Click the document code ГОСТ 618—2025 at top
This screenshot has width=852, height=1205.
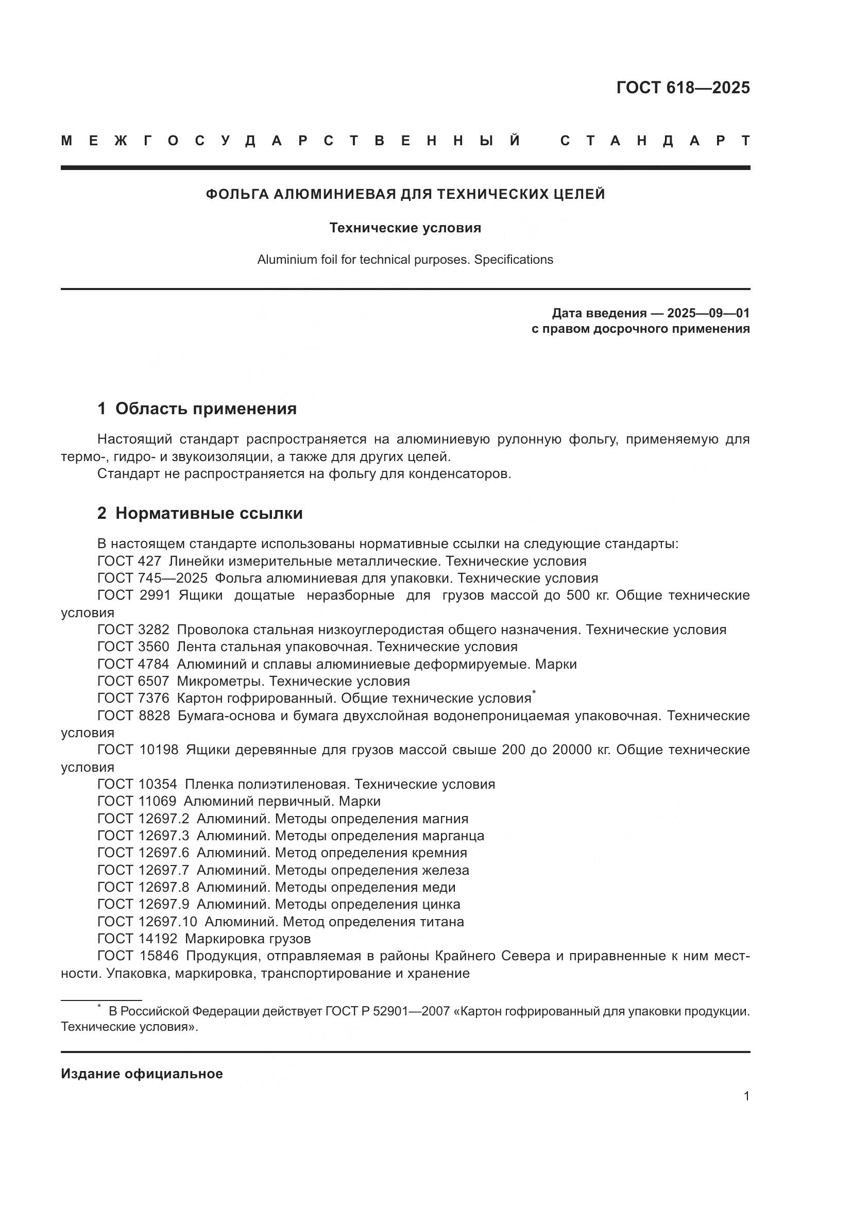pyautogui.click(x=683, y=88)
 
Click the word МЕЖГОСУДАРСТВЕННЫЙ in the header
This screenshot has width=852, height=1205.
pyautogui.click(x=291, y=141)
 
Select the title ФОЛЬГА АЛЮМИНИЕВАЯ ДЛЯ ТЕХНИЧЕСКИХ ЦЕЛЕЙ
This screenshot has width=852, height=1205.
pyautogui.click(x=405, y=194)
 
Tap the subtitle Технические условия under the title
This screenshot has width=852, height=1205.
pyautogui.click(x=405, y=228)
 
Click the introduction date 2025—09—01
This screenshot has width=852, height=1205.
pyautogui.click(x=708, y=313)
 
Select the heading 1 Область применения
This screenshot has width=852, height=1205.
pyautogui.click(x=197, y=409)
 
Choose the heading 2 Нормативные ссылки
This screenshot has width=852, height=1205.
pyautogui.click(x=200, y=513)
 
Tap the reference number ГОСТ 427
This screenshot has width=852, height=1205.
pyautogui.click(x=129, y=561)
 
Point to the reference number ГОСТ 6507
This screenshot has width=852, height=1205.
pyautogui.click(x=133, y=681)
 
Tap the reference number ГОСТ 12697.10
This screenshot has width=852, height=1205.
pyautogui.click(x=147, y=922)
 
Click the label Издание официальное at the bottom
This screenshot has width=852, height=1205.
pyautogui.click(x=142, y=1073)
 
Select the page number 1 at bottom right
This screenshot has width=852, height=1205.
pyautogui.click(x=746, y=1096)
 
